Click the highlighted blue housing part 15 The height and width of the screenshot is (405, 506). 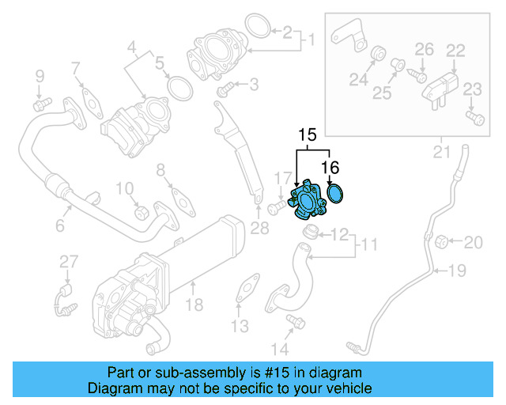point(309,201)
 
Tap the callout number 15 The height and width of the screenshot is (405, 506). point(307,134)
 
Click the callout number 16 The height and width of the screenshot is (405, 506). point(330,167)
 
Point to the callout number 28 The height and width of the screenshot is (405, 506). point(259,229)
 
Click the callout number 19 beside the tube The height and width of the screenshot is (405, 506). point(458,271)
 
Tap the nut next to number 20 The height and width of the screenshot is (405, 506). point(443,240)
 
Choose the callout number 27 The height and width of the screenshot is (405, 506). point(69,262)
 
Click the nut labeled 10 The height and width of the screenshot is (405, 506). point(142,213)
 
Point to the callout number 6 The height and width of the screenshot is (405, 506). point(59,227)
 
